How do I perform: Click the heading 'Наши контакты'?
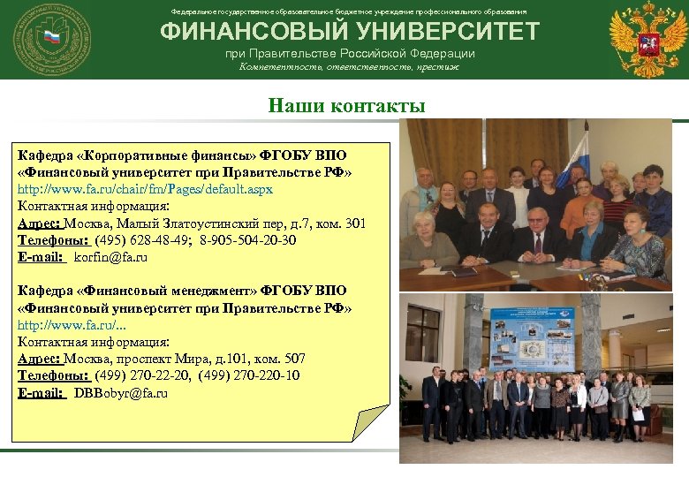347,106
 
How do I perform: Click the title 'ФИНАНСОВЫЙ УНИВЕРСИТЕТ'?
349,32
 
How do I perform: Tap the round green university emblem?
51,39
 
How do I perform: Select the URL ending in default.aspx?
146,189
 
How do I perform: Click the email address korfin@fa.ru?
110,257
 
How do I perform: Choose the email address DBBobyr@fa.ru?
121,392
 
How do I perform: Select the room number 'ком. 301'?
342,223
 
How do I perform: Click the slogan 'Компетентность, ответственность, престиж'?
349,67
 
